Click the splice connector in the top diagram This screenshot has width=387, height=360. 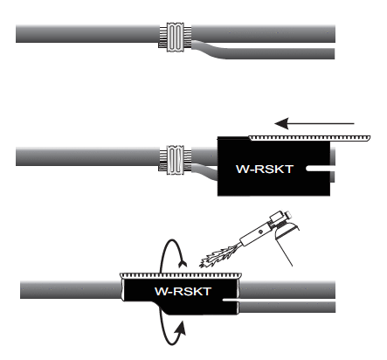click(x=176, y=37)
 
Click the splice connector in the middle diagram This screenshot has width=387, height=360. click(x=176, y=160)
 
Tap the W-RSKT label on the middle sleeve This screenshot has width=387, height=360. click(x=264, y=169)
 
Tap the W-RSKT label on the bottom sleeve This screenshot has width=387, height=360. click(x=183, y=291)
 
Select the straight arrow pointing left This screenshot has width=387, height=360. click(x=314, y=123)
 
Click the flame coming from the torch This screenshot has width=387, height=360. click(x=218, y=257)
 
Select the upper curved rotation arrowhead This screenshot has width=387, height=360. click(x=183, y=263)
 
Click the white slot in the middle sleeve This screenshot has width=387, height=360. click(x=318, y=169)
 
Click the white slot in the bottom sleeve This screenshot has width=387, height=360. click(x=231, y=300)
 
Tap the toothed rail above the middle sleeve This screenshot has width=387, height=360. click(x=309, y=137)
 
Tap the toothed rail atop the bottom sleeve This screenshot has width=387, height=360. click(x=181, y=275)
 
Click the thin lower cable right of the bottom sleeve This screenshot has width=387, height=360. click(x=287, y=308)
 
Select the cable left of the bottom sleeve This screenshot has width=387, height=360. click(x=71, y=290)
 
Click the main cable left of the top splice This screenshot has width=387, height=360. click(x=87, y=34)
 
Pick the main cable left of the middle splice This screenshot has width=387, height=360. click(x=87, y=156)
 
